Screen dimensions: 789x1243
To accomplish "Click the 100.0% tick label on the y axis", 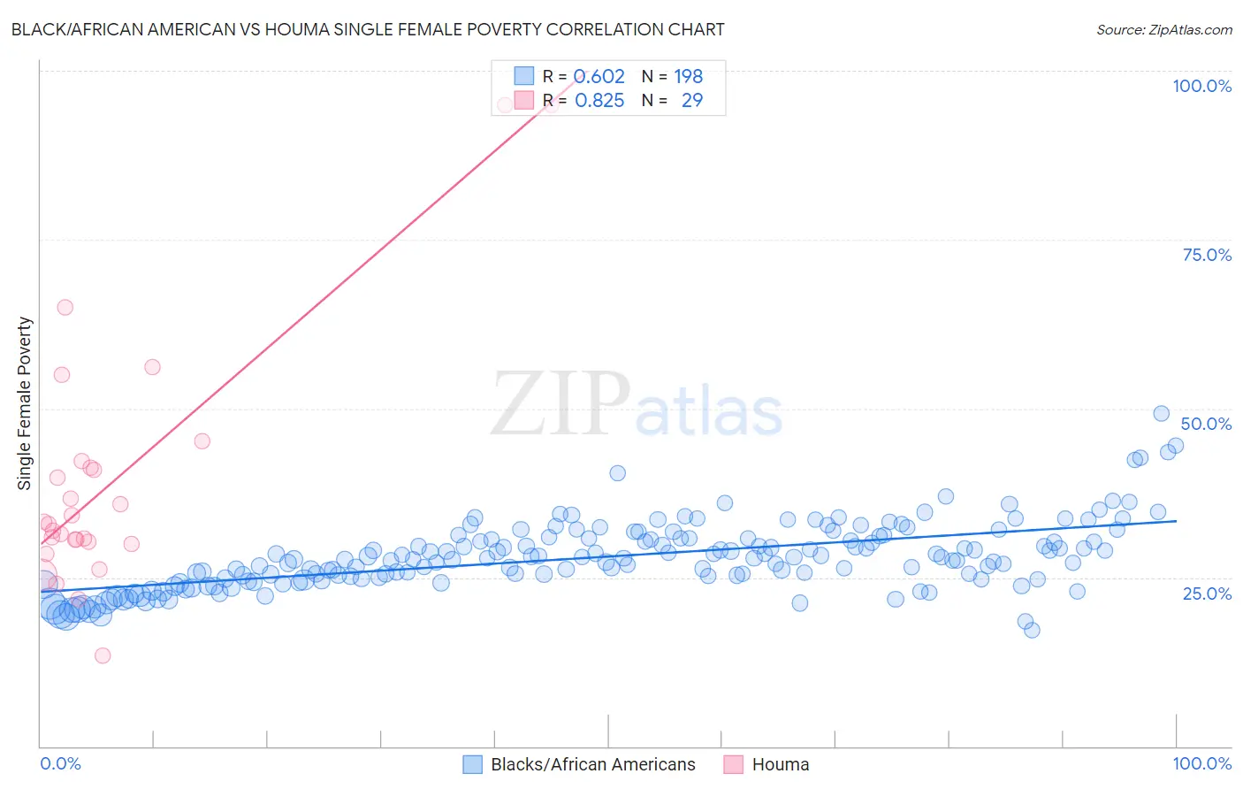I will tap(1201, 86).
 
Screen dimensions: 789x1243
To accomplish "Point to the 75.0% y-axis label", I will tap(1207, 255).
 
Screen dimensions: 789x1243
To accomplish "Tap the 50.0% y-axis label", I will tap(1206, 424).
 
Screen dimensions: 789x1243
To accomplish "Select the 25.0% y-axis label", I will tap(1207, 594).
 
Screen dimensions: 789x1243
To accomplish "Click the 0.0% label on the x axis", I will tap(60, 763).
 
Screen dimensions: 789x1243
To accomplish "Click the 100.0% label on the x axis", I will tap(1201, 763).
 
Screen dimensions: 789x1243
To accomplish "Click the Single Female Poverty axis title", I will tap(25, 403).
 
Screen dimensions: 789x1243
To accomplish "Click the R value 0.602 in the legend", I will tap(599, 76).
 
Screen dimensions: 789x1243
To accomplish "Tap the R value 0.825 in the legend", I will tap(599, 101).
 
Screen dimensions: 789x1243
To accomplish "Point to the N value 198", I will tap(688, 76).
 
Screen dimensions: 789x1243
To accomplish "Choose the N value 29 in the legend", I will tap(691, 101).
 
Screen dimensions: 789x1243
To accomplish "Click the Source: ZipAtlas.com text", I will tap(1163, 30).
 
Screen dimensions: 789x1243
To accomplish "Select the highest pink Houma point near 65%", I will tap(65, 308).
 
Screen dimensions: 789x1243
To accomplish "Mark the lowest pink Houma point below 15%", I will tap(103, 655).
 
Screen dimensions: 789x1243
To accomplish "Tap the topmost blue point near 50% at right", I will tap(1162, 414).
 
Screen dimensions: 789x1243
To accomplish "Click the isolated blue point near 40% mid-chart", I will tap(618, 473).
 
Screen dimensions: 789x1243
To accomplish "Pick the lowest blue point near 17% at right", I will tap(1032, 630).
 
